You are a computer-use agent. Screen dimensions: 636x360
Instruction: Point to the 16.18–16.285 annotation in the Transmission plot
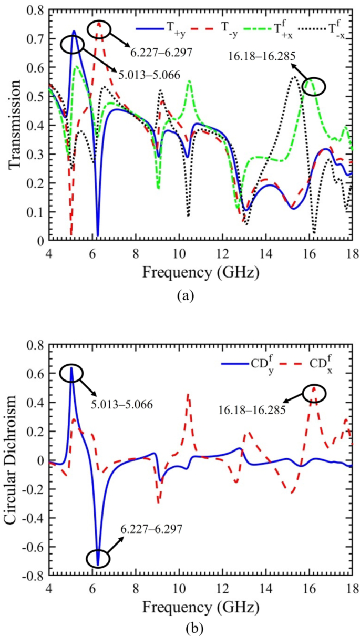(x=255, y=56)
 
